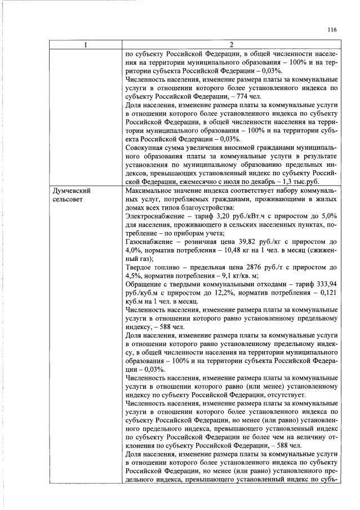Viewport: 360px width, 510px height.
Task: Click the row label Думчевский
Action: click(x=71, y=191)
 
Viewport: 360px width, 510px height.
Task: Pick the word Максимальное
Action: click(x=149, y=191)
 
